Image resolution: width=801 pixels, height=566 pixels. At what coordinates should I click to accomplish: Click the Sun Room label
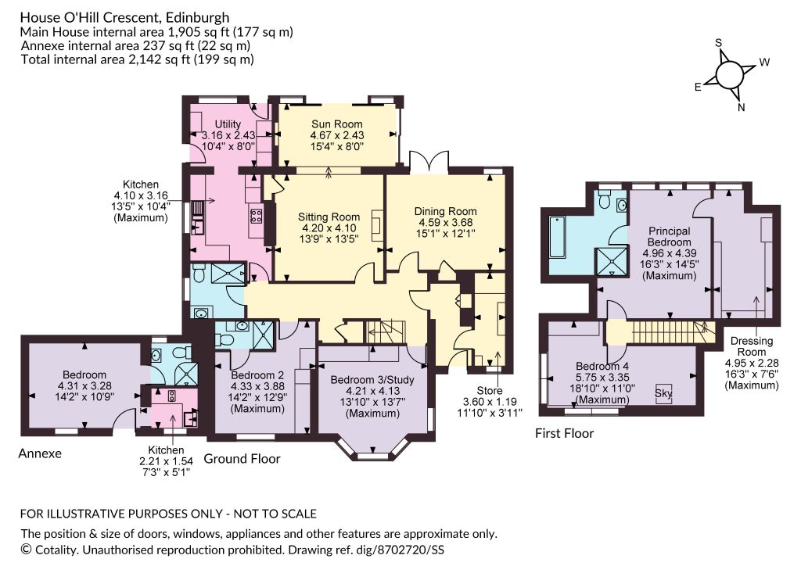[336, 124]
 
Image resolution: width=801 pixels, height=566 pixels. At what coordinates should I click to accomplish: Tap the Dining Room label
[445, 211]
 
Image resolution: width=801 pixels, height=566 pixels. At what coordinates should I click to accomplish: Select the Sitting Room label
[329, 217]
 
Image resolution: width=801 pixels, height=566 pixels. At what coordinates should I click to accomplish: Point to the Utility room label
[228, 124]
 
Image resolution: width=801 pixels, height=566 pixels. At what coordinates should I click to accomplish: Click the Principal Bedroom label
[670, 237]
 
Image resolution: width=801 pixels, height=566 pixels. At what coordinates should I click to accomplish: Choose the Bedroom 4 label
[602, 366]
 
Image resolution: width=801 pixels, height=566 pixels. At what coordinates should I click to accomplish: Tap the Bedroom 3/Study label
[372, 380]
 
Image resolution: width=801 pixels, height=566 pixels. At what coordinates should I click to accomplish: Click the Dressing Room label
[752, 346]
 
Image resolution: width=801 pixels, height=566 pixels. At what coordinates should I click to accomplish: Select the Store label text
[490, 391]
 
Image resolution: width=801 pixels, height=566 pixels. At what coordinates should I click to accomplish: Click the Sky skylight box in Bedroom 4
[663, 393]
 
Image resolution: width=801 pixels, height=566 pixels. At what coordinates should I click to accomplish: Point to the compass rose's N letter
[742, 107]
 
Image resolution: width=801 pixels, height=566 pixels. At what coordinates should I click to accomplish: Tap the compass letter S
[719, 43]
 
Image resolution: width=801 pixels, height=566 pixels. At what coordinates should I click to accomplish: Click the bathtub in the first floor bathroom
[556, 238]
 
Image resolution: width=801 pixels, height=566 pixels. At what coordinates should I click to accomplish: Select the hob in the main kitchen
[256, 215]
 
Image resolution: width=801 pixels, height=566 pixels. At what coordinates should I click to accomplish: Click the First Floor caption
[565, 433]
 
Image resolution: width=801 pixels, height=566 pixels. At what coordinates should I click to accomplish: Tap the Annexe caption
[40, 453]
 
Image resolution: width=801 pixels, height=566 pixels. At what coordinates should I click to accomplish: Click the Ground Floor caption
[242, 459]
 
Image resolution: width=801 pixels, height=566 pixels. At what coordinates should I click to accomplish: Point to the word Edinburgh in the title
[198, 18]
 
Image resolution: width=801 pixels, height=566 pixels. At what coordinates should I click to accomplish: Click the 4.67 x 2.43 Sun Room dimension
[337, 135]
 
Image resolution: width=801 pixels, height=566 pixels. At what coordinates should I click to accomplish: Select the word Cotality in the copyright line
[56, 550]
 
